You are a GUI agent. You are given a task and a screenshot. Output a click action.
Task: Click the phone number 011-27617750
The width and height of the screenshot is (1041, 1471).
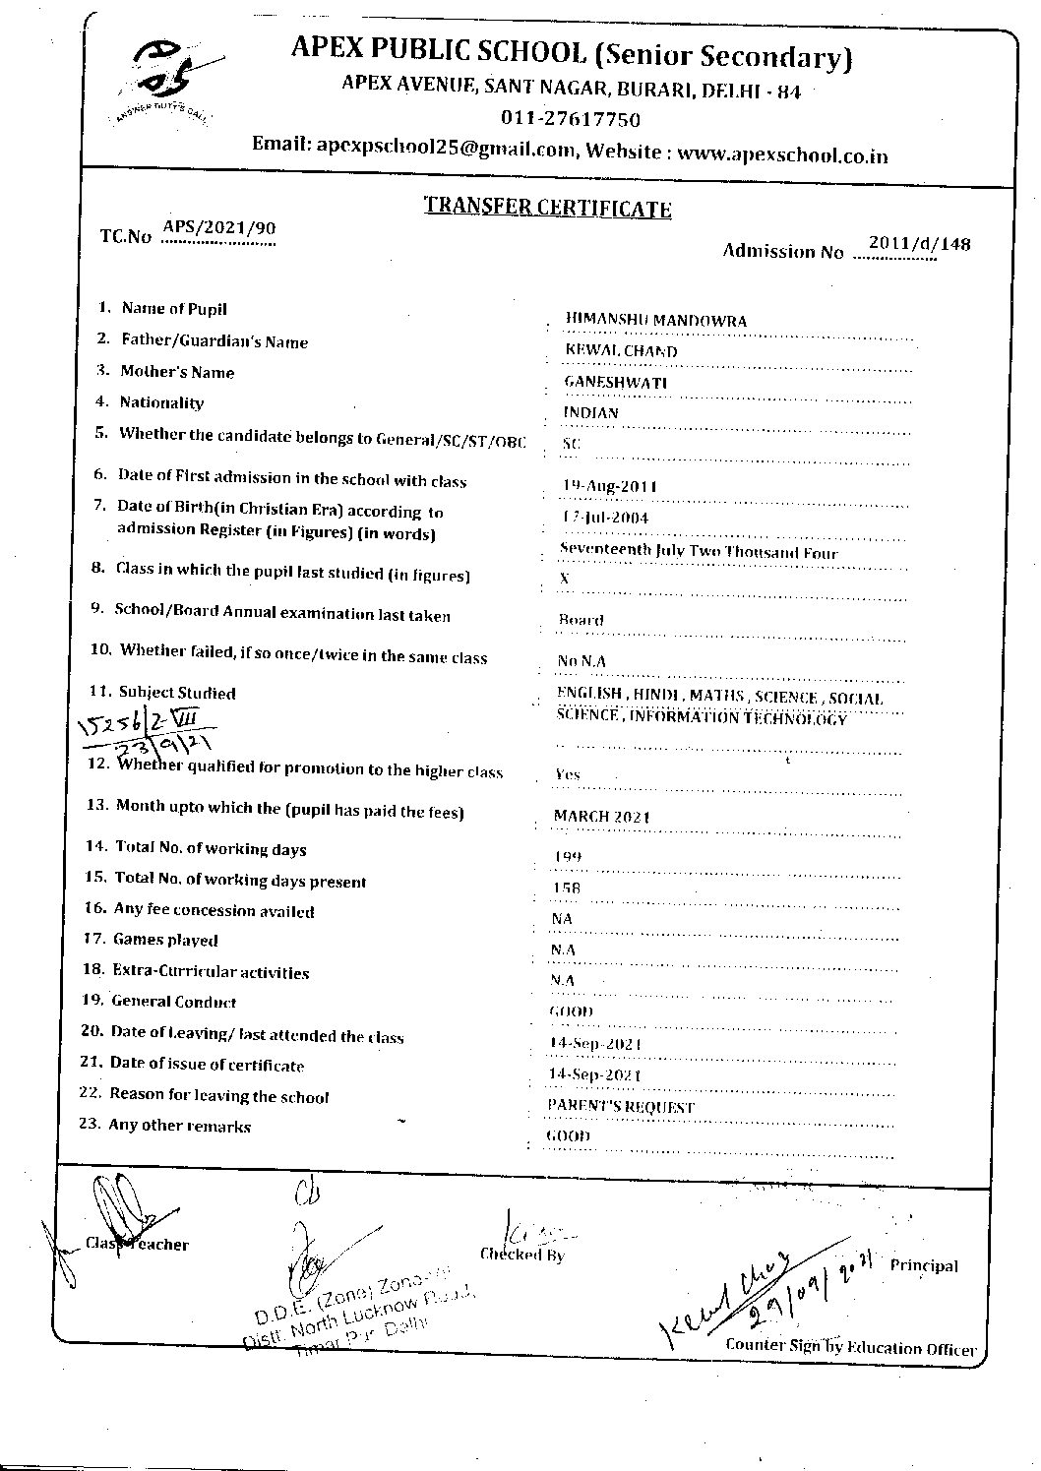pyautogui.click(x=571, y=120)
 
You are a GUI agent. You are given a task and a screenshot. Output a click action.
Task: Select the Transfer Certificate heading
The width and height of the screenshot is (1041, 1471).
pyautogui.click(x=547, y=208)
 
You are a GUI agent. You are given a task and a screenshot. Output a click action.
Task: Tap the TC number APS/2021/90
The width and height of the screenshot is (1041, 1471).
pyautogui.click(x=218, y=228)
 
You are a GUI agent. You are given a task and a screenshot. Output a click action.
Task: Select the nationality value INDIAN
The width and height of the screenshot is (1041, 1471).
pyautogui.click(x=591, y=412)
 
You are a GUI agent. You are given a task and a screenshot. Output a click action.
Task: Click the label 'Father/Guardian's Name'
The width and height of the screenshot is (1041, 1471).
pyautogui.click(x=214, y=341)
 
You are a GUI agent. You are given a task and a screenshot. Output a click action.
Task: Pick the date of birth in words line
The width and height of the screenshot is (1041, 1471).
pyautogui.click(x=698, y=552)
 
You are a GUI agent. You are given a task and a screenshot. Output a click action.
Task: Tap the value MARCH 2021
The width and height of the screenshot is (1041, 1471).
pyautogui.click(x=602, y=817)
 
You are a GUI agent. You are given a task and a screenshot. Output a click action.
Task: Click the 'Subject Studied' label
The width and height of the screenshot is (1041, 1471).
pyautogui.click(x=177, y=693)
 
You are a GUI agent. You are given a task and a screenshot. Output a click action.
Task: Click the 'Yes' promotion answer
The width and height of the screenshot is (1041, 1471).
pyautogui.click(x=568, y=774)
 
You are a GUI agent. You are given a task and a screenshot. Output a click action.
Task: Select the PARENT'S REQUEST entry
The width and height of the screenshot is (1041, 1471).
pyautogui.click(x=622, y=1107)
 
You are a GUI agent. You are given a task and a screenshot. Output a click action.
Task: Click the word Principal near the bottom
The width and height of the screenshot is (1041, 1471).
pyautogui.click(x=923, y=1265)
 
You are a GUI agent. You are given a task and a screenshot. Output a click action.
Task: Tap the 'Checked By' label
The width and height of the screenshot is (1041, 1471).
pyautogui.click(x=521, y=1255)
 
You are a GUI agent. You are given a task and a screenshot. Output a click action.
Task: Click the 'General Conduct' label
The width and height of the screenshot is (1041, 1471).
pyautogui.click(x=173, y=1002)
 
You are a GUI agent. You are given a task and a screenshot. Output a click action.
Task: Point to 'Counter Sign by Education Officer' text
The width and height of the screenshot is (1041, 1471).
pyautogui.click(x=850, y=1347)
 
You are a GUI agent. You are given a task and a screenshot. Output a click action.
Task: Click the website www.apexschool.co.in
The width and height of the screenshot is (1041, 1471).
pyautogui.click(x=782, y=154)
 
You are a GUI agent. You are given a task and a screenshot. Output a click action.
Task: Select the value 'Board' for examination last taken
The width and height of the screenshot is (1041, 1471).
pyautogui.click(x=581, y=620)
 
